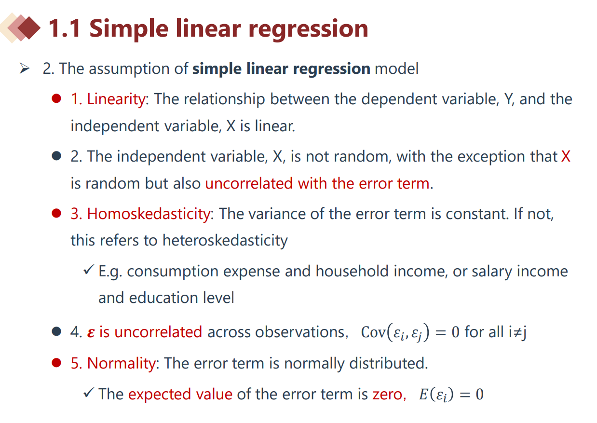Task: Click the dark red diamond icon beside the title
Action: coord(29,28)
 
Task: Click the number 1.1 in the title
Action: coord(65,28)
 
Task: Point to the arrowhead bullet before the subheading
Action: coord(25,68)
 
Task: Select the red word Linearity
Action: coord(116,99)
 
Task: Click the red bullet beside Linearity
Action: coord(56,99)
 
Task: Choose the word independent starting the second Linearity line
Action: coord(115,126)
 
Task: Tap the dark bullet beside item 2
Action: coord(56,156)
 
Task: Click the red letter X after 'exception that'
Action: coord(566,156)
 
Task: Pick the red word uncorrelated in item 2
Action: coord(249,183)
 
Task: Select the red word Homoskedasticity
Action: coord(149,214)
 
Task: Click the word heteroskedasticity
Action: coord(225,240)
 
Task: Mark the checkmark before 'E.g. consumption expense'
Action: coord(89,270)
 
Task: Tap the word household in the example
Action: coord(352,271)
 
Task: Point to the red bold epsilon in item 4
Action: coord(91,333)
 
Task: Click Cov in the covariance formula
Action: coord(373,332)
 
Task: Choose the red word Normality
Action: coord(122,363)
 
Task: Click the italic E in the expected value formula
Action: coord(423,394)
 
